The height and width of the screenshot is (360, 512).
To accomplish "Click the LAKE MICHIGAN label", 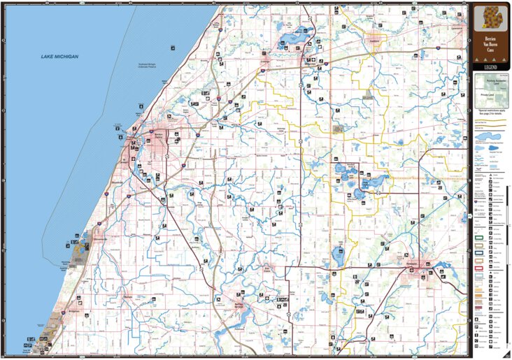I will pyautogui.click(x=59, y=56).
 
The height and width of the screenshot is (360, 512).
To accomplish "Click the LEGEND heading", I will pyautogui.click(x=490, y=66).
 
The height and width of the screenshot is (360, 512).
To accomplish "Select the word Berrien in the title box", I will pyautogui.click(x=490, y=39).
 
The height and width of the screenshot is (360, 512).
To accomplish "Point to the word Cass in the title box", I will pyautogui.click(x=490, y=52).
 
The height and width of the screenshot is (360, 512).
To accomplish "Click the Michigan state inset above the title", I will pyautogui.click(x=490, y=17).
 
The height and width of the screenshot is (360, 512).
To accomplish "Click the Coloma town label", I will pyautogui.click(x=265, y=62).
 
